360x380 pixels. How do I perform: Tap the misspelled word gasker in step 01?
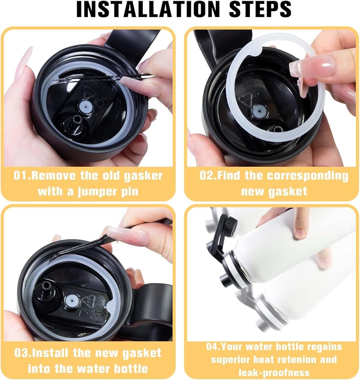(143, 176)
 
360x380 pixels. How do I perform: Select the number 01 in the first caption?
(19, 176)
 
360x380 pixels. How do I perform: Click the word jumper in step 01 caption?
(95, 192)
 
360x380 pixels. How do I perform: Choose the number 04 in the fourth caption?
(212, 347)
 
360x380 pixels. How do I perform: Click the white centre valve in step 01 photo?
(85, 106)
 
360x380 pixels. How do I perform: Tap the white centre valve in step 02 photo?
(258, 111)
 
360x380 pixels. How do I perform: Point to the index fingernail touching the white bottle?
(301, 233)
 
